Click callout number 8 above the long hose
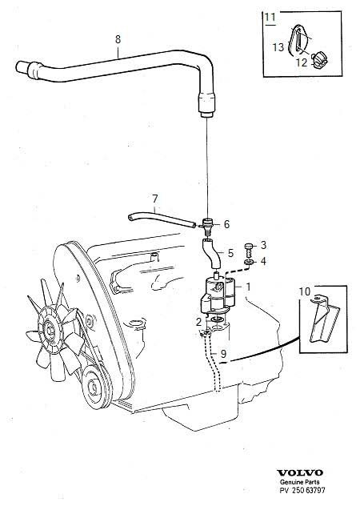point(118,39)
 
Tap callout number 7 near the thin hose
point(155,199)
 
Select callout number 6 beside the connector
point(226,224)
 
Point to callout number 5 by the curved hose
point(230,253)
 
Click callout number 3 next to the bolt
point(263,245)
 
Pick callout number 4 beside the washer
point(263,261)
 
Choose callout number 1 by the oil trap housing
point(248,287)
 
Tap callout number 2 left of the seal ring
point(198,321)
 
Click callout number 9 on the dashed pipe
point(223,354)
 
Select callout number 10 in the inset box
point(305,291)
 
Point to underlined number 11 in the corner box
point(270,17)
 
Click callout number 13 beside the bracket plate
point(278,47)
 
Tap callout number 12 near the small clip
point(302,62)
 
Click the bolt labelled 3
point(248,249)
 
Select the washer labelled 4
point(248,263)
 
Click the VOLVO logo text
point(300,473)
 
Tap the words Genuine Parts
point(300,482)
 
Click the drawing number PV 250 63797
point(302,491)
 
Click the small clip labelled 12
point(320,59)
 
